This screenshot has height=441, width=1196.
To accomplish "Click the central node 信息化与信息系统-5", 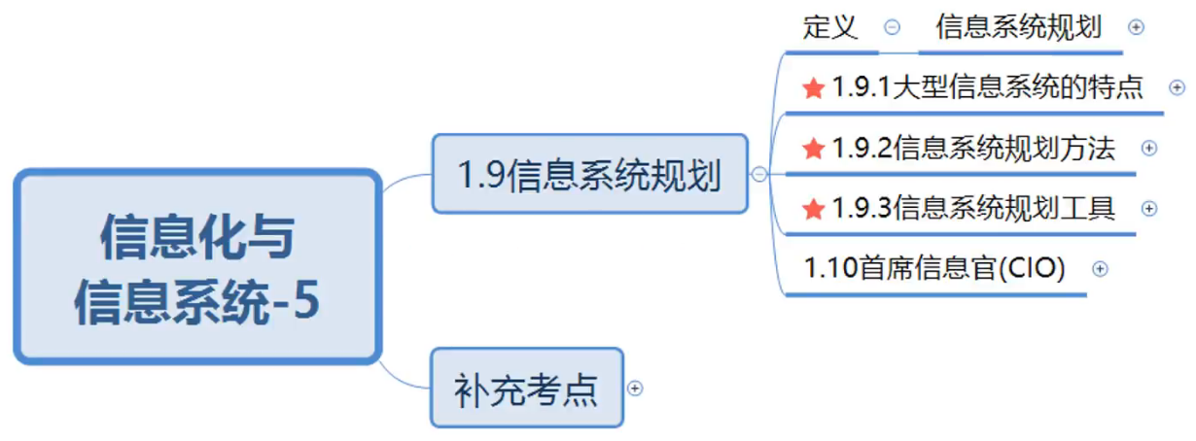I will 196,266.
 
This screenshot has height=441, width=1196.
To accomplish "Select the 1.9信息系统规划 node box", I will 589,174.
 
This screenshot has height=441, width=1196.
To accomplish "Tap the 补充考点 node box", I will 526,388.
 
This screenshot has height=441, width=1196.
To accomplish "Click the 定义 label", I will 830,27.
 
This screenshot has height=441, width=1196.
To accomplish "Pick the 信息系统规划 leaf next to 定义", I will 1018,27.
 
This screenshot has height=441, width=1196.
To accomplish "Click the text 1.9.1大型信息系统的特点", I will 987,88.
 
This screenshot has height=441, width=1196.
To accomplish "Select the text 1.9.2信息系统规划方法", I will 973,149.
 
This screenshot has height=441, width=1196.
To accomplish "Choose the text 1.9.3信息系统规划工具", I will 973,208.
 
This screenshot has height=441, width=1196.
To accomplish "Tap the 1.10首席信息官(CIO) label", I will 934,268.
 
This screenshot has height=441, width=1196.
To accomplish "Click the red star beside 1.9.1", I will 813,89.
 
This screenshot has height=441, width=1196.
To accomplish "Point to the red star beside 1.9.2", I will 813,149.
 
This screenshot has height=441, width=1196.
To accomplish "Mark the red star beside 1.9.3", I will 813,209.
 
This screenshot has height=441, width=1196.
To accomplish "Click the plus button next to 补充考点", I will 635,388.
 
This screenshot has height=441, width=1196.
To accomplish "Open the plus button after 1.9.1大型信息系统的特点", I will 1177,88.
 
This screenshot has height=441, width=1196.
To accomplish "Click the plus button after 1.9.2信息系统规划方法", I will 1148,149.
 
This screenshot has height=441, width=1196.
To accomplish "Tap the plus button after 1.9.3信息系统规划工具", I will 1148,208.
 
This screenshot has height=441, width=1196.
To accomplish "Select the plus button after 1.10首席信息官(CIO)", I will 1100,269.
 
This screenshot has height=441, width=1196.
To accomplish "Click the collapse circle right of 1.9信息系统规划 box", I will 759,175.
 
